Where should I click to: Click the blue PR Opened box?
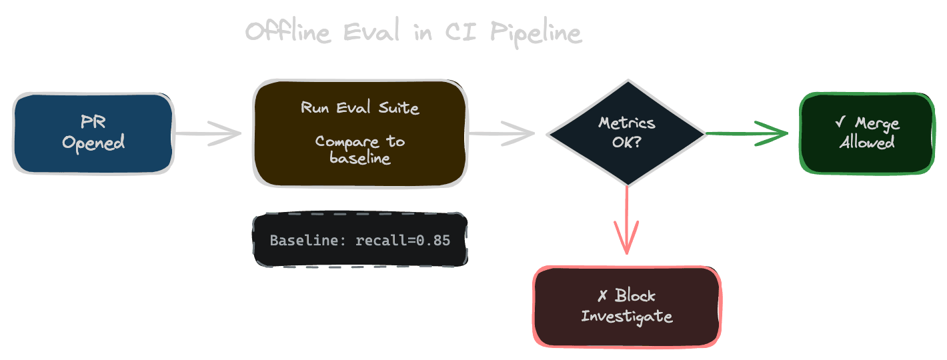pyautogui.click(x=93, y=133)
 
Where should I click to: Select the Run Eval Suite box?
pyautogui.click(x=359, y=133)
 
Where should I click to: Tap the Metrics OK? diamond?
pyautogui.click(x=626, y=133)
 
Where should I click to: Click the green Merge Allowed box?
pyautogui.click(x=866, y=133)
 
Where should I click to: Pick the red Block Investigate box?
pyautogui.click(x=626, y=306)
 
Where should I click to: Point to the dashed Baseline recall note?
pyautogui.click(x=359, y=240)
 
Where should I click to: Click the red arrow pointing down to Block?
pyautogui.click(x=627, y=220)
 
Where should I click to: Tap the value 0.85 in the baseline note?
pyautogui.click(x=433, y=240)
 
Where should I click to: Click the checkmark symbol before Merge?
pyautogui.click(x=840, y=124)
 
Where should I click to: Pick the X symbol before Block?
pyautogui.click(x=602, y=297)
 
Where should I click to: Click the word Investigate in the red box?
pyautogui.click(x=626, y=316)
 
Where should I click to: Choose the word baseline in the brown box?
pyautogui.click(x=359, y=159)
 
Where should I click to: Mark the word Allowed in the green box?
pyautogui.click(x=866, y=142)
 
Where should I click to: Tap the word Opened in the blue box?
pyautogui.click(x=93, y=142)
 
